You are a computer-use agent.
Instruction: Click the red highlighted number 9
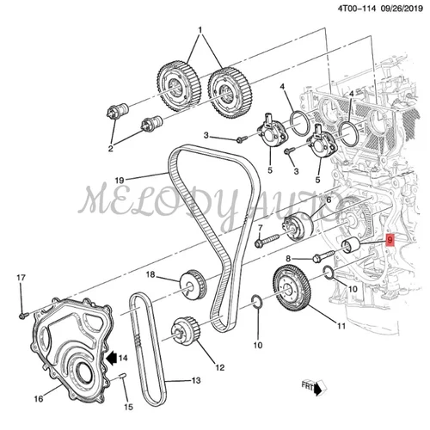click(x=390, y=242)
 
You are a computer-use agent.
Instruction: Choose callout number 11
click(x=341, y=326)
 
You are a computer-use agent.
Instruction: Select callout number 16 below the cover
click(x=37, y=398)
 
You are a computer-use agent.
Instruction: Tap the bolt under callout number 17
click(x=22, y=314)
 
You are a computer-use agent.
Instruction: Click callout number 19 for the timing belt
click(x=119, y=180)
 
